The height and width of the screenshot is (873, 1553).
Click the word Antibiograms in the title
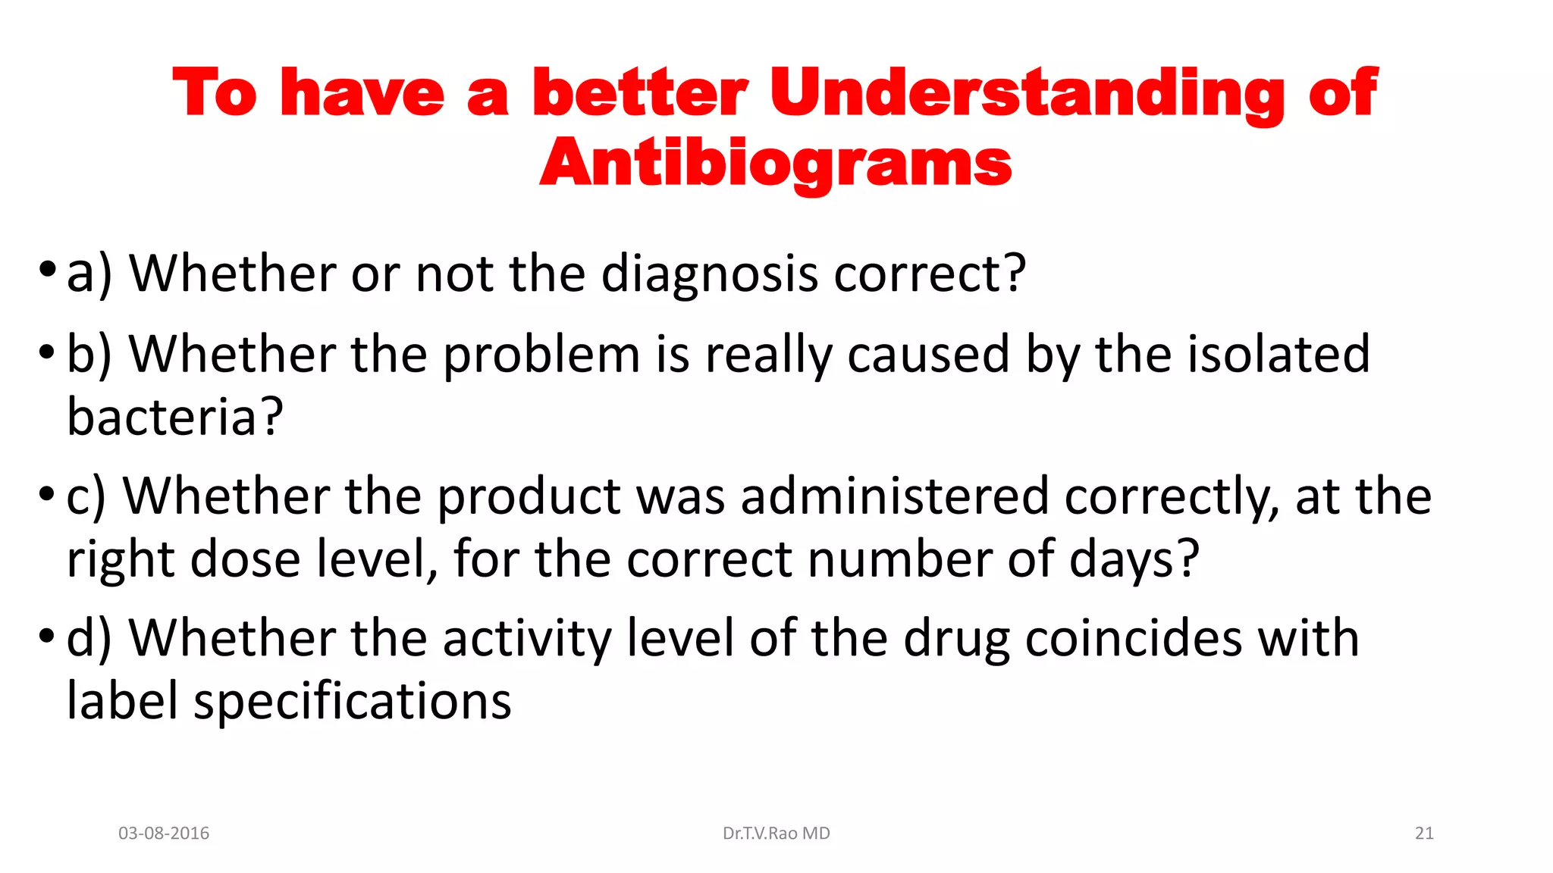pos(775,163)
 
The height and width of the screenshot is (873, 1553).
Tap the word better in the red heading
pos(639,92)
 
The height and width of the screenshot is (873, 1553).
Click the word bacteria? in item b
pos(175,417)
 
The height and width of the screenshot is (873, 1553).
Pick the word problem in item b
pos(541,354)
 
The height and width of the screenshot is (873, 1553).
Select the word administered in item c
pos(895,496)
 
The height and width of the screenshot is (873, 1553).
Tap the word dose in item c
pos(245,559)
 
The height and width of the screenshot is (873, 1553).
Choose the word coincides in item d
pos(1134,638)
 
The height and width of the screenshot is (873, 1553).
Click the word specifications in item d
pos(353,701)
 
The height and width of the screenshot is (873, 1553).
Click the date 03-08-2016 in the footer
pos(164,833)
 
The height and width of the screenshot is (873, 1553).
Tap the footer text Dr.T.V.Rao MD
pos(776,833)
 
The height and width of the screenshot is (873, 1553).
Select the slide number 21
pos(1424,833)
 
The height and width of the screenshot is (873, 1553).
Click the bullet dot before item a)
pos(47,269)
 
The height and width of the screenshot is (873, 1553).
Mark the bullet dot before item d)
pos(47,634)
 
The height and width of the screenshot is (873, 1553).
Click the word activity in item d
pos(526,638)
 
